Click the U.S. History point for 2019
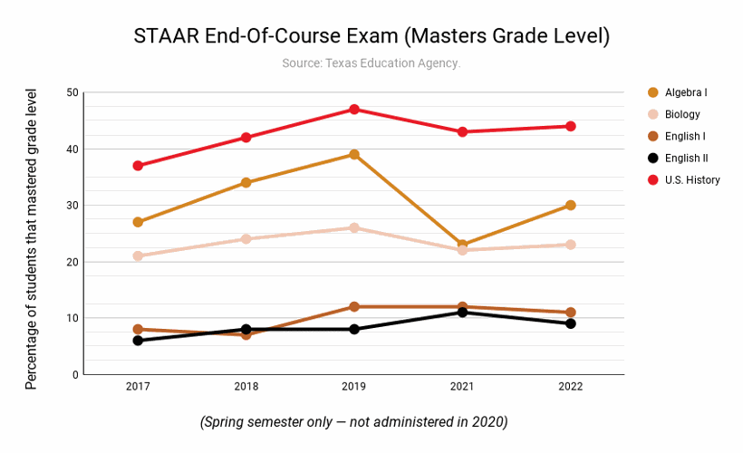pos(354,110)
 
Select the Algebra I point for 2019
pos(354,155)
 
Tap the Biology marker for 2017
pos(138,256)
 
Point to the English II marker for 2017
pos(138,341)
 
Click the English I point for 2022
pos(571,313)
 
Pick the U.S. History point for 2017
pos(138,166)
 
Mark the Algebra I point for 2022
pos(571,206)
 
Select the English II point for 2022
pos(571,323)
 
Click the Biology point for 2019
pos(354,228)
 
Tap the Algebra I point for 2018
pos(246,183)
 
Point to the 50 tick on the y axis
pos(72,92)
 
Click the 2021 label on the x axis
pos(462,387)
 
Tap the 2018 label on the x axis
pos(246,387)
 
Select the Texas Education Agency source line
pos(371,63)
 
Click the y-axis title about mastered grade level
pos(32,239)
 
